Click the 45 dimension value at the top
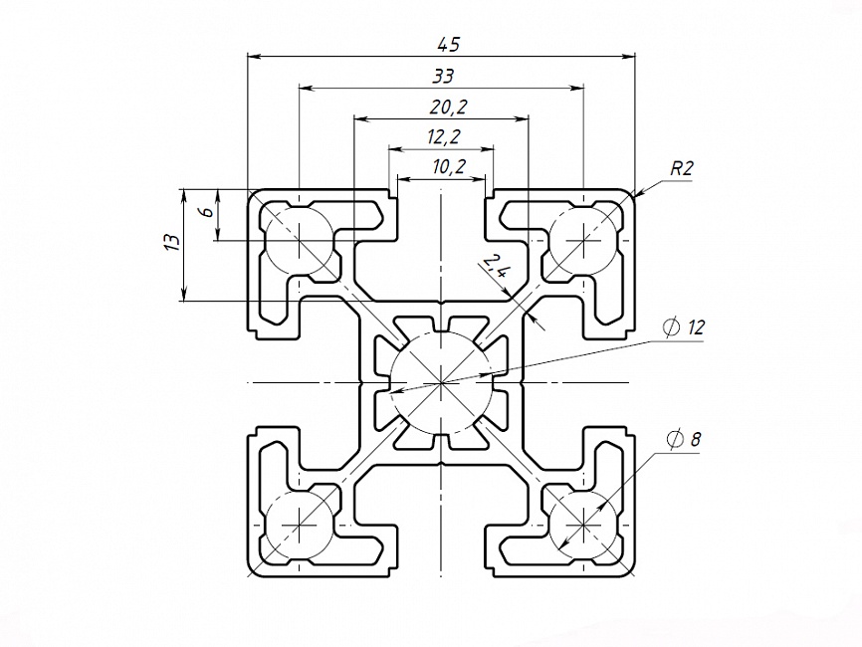click(x=449, y=44)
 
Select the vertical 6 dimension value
click(x=204, y=212)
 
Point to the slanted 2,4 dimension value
click(x=495, y=267)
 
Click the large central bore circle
click(x=441, y=382)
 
